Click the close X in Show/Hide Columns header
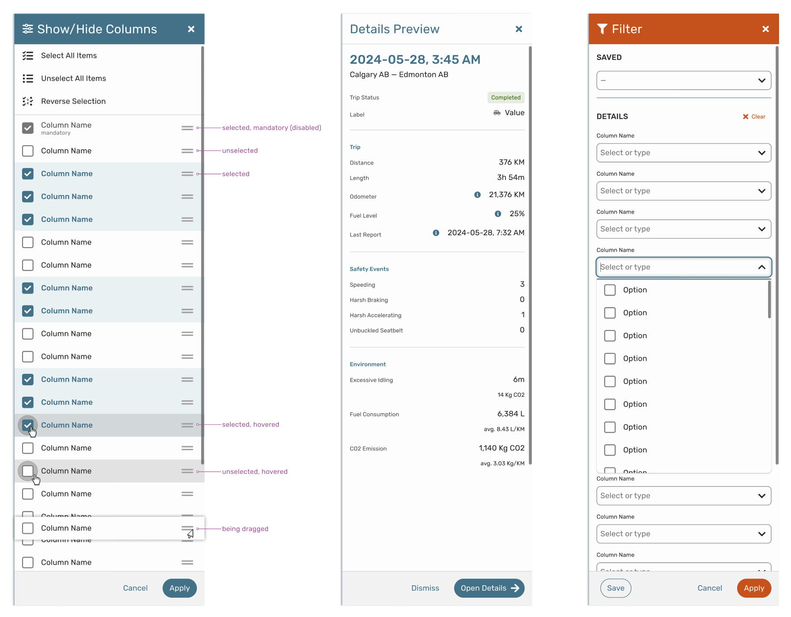tap(191, 29)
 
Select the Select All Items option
tap(68, 56)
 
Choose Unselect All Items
tap(73, 79)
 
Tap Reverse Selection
tap(73, 102)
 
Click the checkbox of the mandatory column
tap(28, 128)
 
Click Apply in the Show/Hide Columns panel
tap(179, 588)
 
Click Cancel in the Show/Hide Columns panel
tap(135, 588)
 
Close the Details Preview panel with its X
tap(519, 29)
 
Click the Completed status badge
tap(505, 98)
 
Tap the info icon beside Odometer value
tap(477, 195)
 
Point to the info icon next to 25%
tap(498, 214)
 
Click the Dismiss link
tap(425, 588)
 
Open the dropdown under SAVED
tap(683, 81)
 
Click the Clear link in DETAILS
tap(754, 117)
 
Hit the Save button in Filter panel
tap(615, 588)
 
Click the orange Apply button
tap(753, 588)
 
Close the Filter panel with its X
tap(765, 29)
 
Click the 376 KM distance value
tap(511, 162)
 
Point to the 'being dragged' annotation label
tap(245, 529)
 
